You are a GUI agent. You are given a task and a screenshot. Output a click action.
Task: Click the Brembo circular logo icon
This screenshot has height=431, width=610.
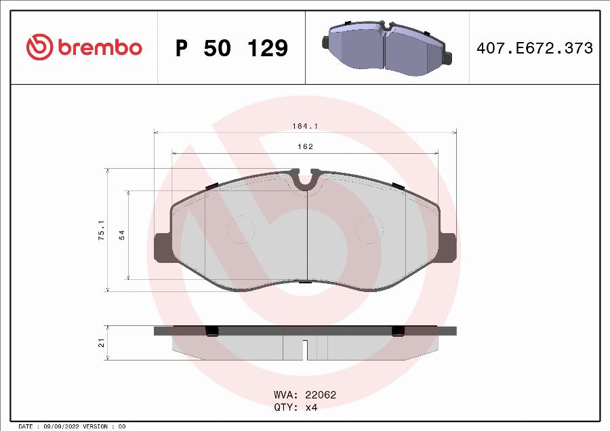(x=39, y=47)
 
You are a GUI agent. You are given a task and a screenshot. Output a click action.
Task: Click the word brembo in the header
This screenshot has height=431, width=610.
(x=100, y=48)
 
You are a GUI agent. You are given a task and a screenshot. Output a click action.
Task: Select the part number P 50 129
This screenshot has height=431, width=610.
(x=232, y=48)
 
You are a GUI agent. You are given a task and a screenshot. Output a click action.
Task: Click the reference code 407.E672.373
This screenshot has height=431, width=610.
(x=535, y=48)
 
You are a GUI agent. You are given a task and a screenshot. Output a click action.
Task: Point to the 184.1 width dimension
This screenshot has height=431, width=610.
(x=305, y=126)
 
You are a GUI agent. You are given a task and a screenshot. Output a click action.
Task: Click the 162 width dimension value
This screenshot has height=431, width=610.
(x=305, y=146)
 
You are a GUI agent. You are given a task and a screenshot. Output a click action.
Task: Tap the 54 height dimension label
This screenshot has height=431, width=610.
(x=122, y=234)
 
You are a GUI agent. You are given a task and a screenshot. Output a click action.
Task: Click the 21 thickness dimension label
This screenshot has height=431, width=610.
(x=101, y=344)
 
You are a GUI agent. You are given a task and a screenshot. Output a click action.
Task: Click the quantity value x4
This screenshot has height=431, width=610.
(x=311, y=407)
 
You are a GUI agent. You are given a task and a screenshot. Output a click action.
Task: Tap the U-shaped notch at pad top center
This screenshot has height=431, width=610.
(x=306, y=180)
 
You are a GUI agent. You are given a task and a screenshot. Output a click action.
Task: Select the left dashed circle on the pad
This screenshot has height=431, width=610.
(x=239, y=229)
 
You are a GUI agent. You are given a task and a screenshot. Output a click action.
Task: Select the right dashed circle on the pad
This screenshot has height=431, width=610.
(x=369, y=229)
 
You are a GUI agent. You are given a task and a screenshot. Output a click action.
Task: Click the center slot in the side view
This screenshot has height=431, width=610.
(x=306, y=350)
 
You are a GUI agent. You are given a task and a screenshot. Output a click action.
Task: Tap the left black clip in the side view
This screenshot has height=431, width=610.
(x=211, y=331)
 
